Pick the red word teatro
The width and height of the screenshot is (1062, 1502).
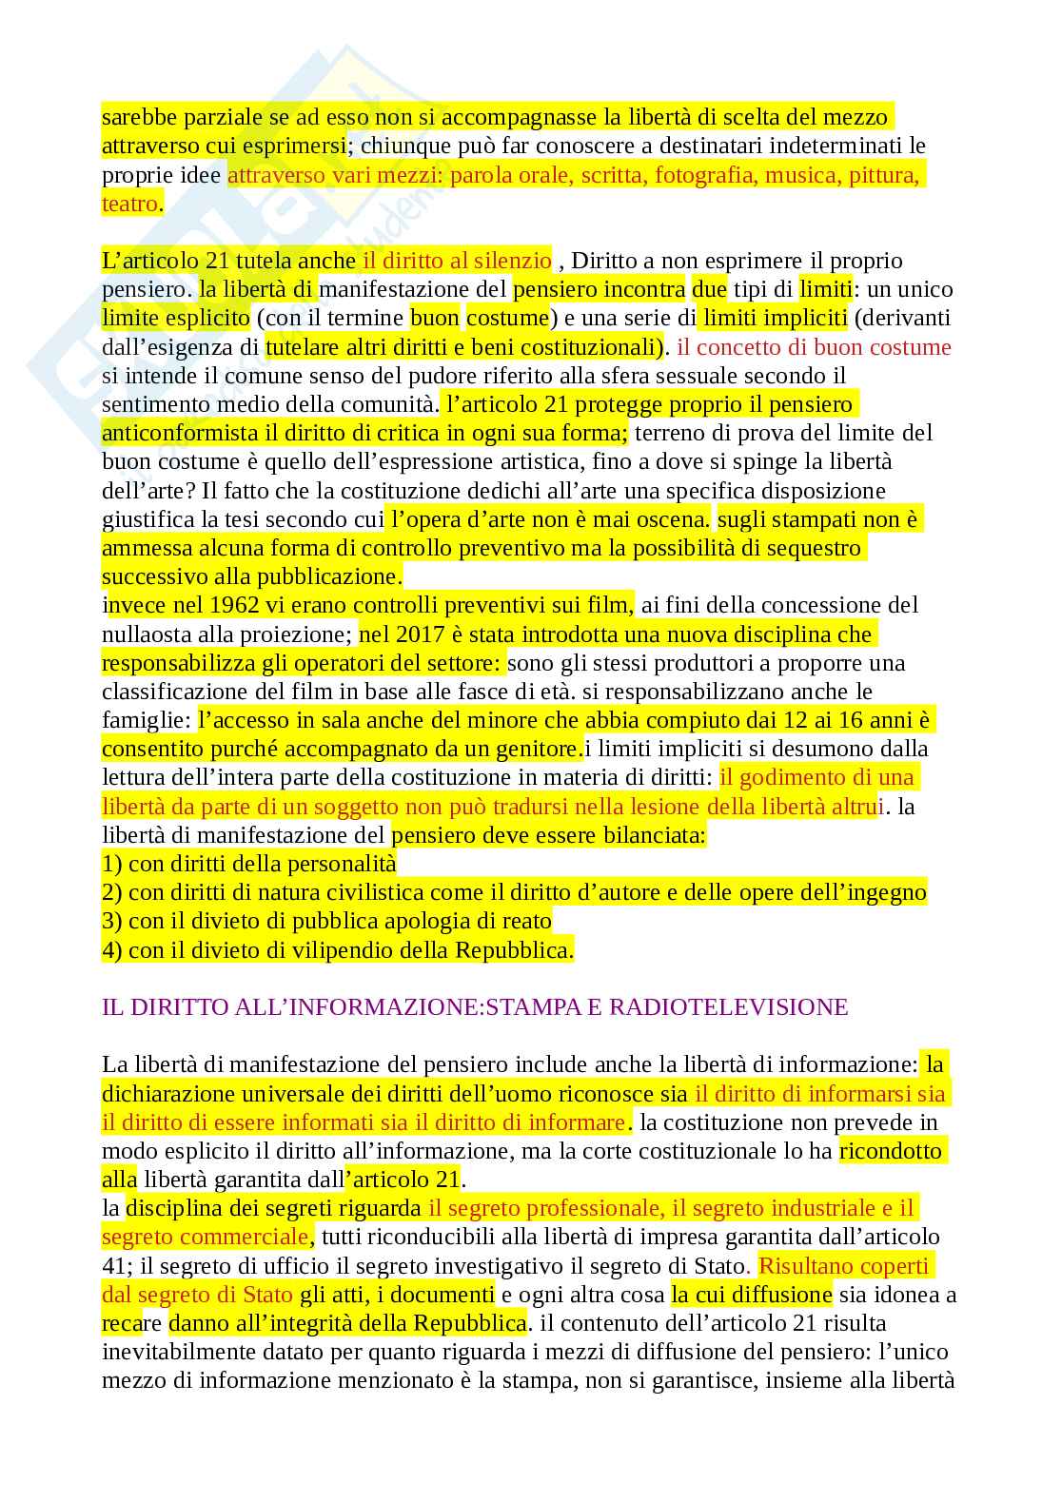click(x=129, y=204)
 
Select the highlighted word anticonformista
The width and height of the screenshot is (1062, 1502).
click(x=180, y=433)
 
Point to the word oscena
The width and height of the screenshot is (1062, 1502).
click(x=677, y=519)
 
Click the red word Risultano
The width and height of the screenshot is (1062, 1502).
click(x=805, y=1265)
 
